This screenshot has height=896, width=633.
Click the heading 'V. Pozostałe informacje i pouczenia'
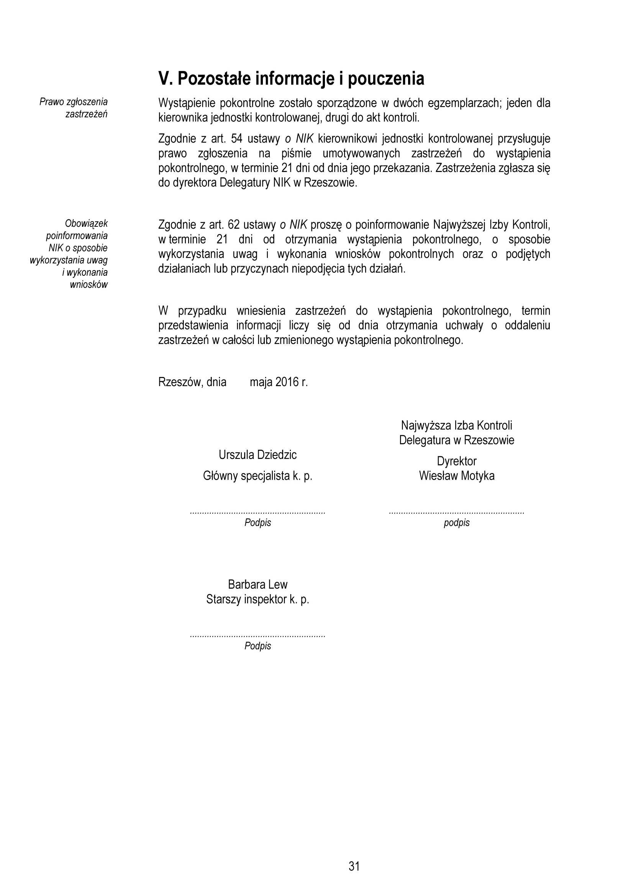click(x=291, y=79)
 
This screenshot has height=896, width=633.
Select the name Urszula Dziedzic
click(x=257, y=455)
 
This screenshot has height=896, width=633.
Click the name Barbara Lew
click(x=257, y=585)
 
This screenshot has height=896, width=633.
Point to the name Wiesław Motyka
click(x=457, y=476)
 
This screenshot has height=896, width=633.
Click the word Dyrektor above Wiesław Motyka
click(x=457, y=461)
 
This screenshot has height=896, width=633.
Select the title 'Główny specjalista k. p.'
click(x=257, y=476)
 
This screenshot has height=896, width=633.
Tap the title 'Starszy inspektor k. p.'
click(x=257, y=600)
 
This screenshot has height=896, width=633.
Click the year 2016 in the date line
click(x=287, y=382)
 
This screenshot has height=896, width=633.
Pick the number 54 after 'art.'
click(x=237, y=139)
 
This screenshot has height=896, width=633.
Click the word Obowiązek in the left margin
click(x=86, y=224)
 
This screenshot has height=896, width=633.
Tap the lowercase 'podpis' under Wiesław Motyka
click(x=457, y=523)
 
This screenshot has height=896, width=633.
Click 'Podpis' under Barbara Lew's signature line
click(x=257, y=646)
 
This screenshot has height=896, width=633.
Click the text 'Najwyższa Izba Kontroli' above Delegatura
click(x=457, y=425)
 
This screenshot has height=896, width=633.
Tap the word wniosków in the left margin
click(x=89, y=285)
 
